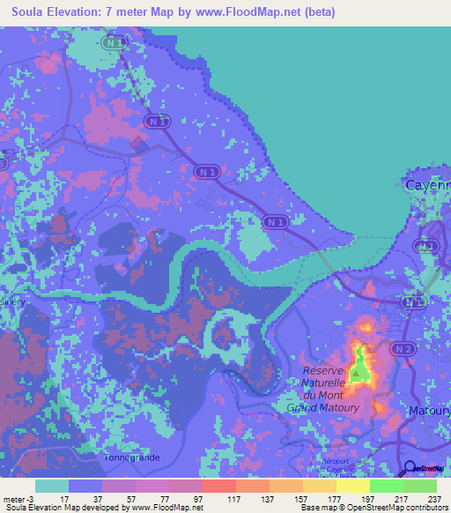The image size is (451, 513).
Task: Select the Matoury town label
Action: [430, 411]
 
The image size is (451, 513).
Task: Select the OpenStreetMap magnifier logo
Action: [410, 469]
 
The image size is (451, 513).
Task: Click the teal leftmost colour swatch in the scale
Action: [51, 486]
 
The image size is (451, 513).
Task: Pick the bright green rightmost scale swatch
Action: [420, 486]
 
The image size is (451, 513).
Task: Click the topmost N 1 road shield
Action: [114, 42]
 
